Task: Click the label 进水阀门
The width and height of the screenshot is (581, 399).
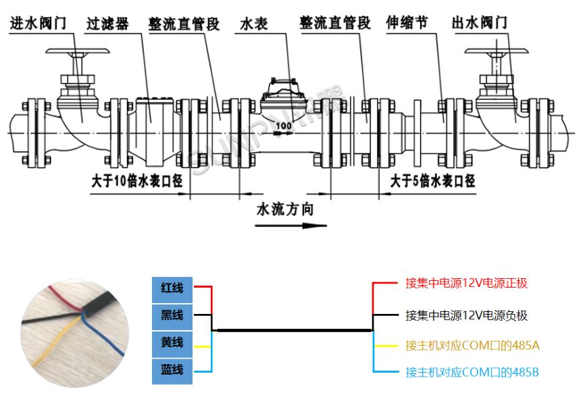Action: pyautogui.click(x=38, y=23)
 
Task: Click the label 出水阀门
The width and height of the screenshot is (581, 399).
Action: pyautogui.click(x=480, y=23)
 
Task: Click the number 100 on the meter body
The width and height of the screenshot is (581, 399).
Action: pyautogui.click(x=284, y=126)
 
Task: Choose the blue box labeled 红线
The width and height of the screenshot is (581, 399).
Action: pyautogui.click(x=172, y=287)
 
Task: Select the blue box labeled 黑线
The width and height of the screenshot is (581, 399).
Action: pyautogui.click(x=172, y=315)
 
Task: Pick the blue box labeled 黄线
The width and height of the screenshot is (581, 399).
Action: pyautogui.click(x=172, y=343)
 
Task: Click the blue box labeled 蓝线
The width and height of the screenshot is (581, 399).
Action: pyautogui.click(x=172, y=370)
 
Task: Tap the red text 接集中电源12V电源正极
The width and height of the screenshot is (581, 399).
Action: pyautogui.click(x=466, y=283)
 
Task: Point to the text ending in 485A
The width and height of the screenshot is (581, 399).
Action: pyautogui.click(x=472, y=346)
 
